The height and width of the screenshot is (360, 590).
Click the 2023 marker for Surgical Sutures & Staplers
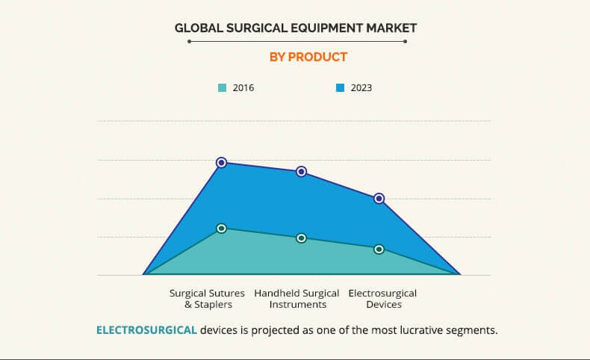[x=222, y=163]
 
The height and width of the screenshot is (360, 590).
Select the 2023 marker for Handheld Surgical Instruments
[x=301, y=172]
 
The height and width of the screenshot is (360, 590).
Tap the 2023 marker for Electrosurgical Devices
[x=379, y=198]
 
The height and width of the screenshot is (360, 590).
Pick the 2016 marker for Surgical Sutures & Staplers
[x=222, y=229]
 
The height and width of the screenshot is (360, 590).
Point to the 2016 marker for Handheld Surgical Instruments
[x=301, y=238]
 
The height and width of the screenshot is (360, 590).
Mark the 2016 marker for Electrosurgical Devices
[x=379, y=249]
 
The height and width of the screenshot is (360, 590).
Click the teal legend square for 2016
[x=222, y=88]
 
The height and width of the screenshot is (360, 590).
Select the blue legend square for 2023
[x=340, y=88]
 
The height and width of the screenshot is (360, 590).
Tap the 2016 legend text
[x=243, y=88]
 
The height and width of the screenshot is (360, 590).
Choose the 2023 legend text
[x=361, y=88]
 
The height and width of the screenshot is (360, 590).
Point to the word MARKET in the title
[x=391, y=28]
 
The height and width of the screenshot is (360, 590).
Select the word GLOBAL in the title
[x=199, y=28]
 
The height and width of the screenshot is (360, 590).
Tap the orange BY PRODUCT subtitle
[x=308, y=58]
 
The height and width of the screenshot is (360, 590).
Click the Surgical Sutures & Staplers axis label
[x=207, y=299]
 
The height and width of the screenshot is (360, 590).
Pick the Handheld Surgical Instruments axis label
[x=296, y=299]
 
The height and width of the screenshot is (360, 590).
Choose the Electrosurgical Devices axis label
[x=382, y=299]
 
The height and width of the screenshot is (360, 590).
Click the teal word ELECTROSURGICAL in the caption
[x=146, y=330]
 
